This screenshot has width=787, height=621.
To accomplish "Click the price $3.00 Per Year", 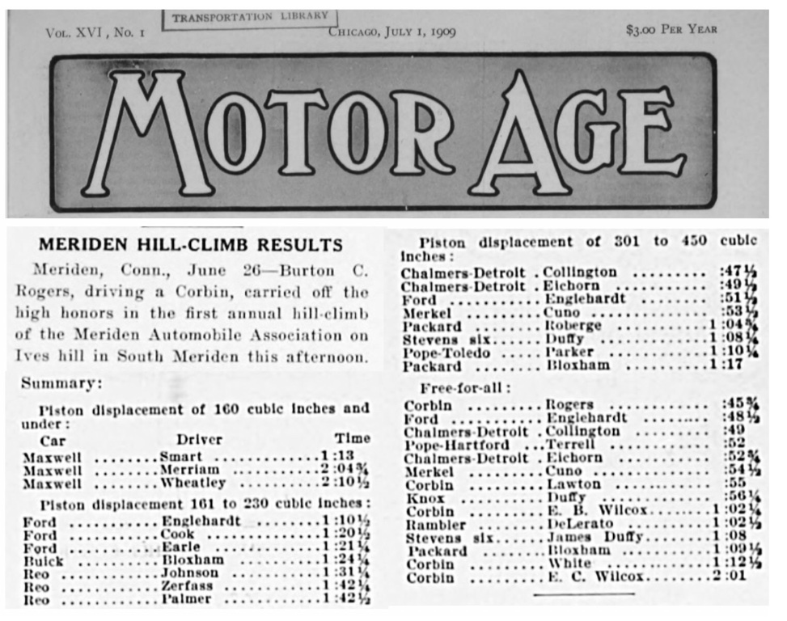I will click(x=671, y=31).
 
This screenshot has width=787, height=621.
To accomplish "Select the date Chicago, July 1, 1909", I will click(x=391, y=32).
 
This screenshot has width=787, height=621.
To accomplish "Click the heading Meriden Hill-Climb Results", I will click(x=191, y=245).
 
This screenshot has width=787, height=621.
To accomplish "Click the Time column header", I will click(x=352, y=439).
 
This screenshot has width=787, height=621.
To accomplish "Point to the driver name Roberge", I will click(x=573, y=326).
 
